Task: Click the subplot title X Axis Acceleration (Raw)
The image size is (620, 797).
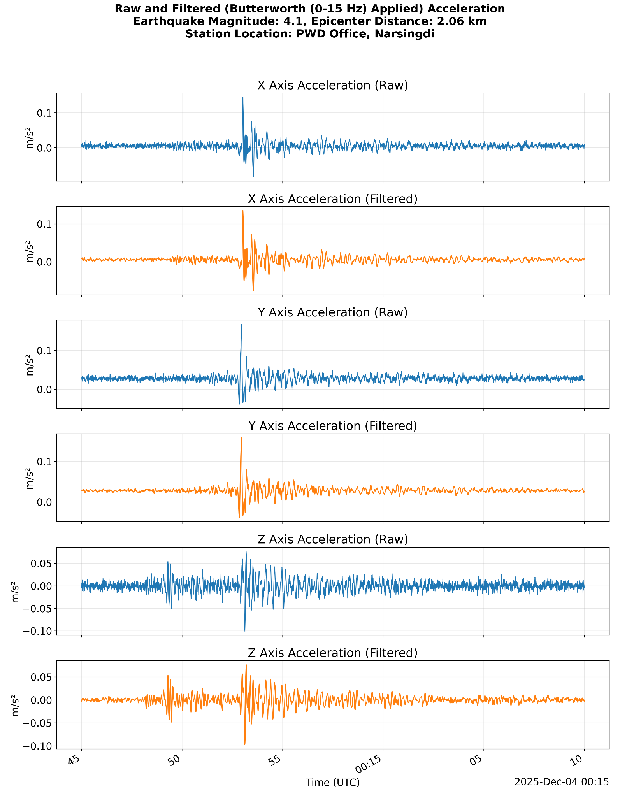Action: tap(332, 85)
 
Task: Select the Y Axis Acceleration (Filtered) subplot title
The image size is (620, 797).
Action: tap(332, 426)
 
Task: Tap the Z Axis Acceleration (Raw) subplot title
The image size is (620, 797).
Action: tap(332, 539)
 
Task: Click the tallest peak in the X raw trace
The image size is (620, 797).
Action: tap(243, 97)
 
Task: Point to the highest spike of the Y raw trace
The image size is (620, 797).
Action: tap(241, 325)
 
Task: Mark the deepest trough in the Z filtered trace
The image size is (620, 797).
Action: tap(245, 744)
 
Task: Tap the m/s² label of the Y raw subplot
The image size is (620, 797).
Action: tap(30, 365)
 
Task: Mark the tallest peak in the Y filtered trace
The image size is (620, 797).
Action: tap(241, 438)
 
